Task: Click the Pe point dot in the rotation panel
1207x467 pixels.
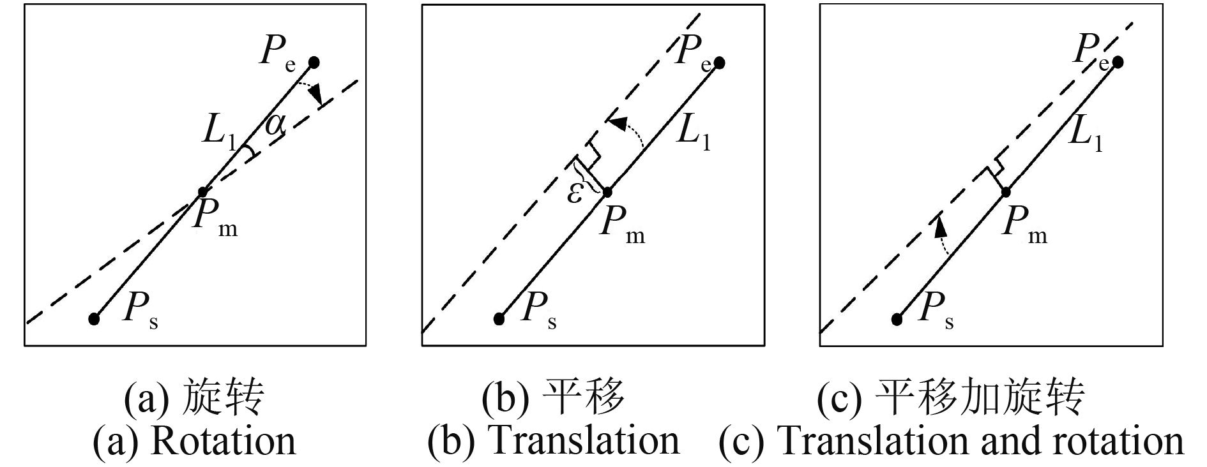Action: (x=314, y=62)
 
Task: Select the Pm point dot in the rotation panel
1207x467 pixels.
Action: (x=202, y=191)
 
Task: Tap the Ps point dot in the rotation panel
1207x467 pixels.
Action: (x=94, y=319)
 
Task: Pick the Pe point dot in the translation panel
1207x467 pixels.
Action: (x=720, y=63)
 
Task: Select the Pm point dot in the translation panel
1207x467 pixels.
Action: (x=607, y=191)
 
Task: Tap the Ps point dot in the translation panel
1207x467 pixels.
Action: (x=499, y=319)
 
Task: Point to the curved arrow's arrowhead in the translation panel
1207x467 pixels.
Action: (x=614, y=123)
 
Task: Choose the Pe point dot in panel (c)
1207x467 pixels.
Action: (x=1118, y=62)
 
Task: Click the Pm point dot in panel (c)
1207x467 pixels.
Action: (x=1006, y=191)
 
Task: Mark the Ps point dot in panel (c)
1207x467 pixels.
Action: (x=897, y=319)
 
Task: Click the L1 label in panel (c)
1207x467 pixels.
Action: (x=1086, y=135)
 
